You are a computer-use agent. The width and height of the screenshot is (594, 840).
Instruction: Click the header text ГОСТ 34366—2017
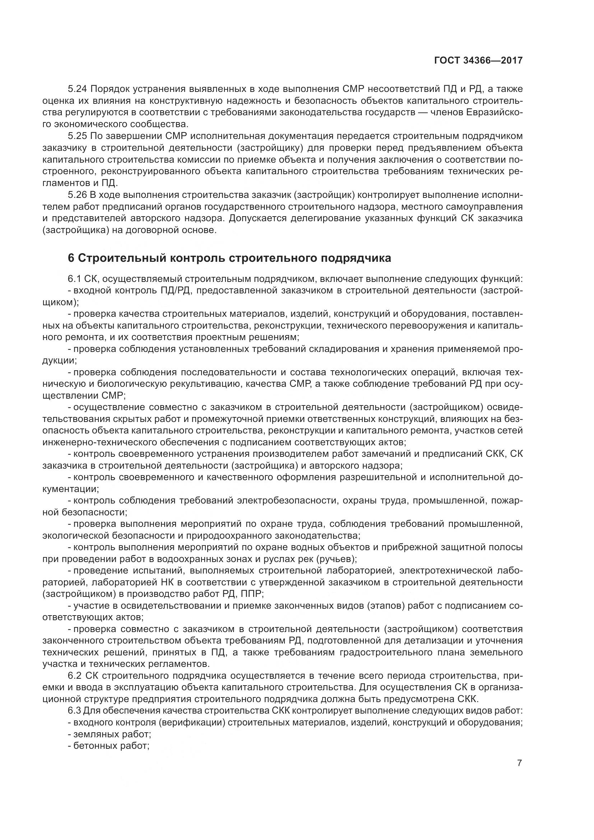click(478, 60)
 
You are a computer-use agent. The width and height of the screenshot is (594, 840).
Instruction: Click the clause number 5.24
click(78, 89)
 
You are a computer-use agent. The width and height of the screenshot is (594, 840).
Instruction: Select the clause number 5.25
click(78, 136)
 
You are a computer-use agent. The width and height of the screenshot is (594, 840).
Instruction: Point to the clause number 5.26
click(78, 195)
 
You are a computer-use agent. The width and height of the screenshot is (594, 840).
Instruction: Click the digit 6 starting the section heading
click(71, 258)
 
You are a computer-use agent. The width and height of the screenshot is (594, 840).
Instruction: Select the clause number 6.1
click(74, 279)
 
